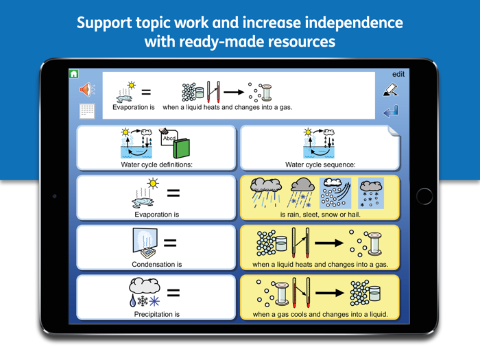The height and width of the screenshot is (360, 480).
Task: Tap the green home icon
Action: coord(74,74)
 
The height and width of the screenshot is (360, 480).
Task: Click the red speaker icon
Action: coord(87,89)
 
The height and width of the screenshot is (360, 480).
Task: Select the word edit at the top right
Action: coord(398,74)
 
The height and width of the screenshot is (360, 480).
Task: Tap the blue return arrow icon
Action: coord(391,112)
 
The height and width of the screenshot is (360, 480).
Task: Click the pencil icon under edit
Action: coord(390,90)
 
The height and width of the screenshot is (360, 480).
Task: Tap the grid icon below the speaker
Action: coord(87,110)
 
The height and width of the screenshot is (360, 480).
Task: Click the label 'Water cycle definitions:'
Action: coord(156,165)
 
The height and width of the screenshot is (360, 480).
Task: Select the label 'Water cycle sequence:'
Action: coord(320,165)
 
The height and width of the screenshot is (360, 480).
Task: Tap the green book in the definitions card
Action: coord(180,147)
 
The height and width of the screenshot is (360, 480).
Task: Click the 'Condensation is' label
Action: coord(156,265)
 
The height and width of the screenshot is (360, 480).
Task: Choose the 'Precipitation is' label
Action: coord(156,315)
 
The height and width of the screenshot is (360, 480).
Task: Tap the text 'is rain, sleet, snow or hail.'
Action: coord(320,215)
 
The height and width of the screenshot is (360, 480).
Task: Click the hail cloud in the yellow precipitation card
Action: coord(371,193)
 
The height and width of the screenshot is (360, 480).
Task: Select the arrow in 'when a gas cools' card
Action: coord(330,293)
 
